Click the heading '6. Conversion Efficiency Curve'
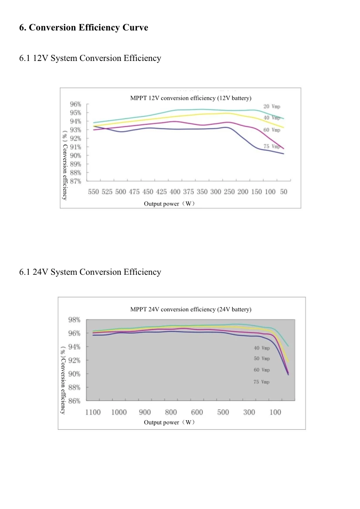84,28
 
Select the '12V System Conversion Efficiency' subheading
90,58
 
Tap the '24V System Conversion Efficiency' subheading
90,272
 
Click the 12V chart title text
191,98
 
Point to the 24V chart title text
191,310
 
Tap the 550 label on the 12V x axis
93,192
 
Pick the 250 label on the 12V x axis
229,192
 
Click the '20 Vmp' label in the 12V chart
272,107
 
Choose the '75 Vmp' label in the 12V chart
272,147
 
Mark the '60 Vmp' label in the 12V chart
272,130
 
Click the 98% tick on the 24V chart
74,320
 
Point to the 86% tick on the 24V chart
74,401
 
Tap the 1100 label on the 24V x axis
93,412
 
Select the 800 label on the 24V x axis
171,412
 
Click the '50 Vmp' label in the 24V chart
262,359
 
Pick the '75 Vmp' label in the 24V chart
262,382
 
